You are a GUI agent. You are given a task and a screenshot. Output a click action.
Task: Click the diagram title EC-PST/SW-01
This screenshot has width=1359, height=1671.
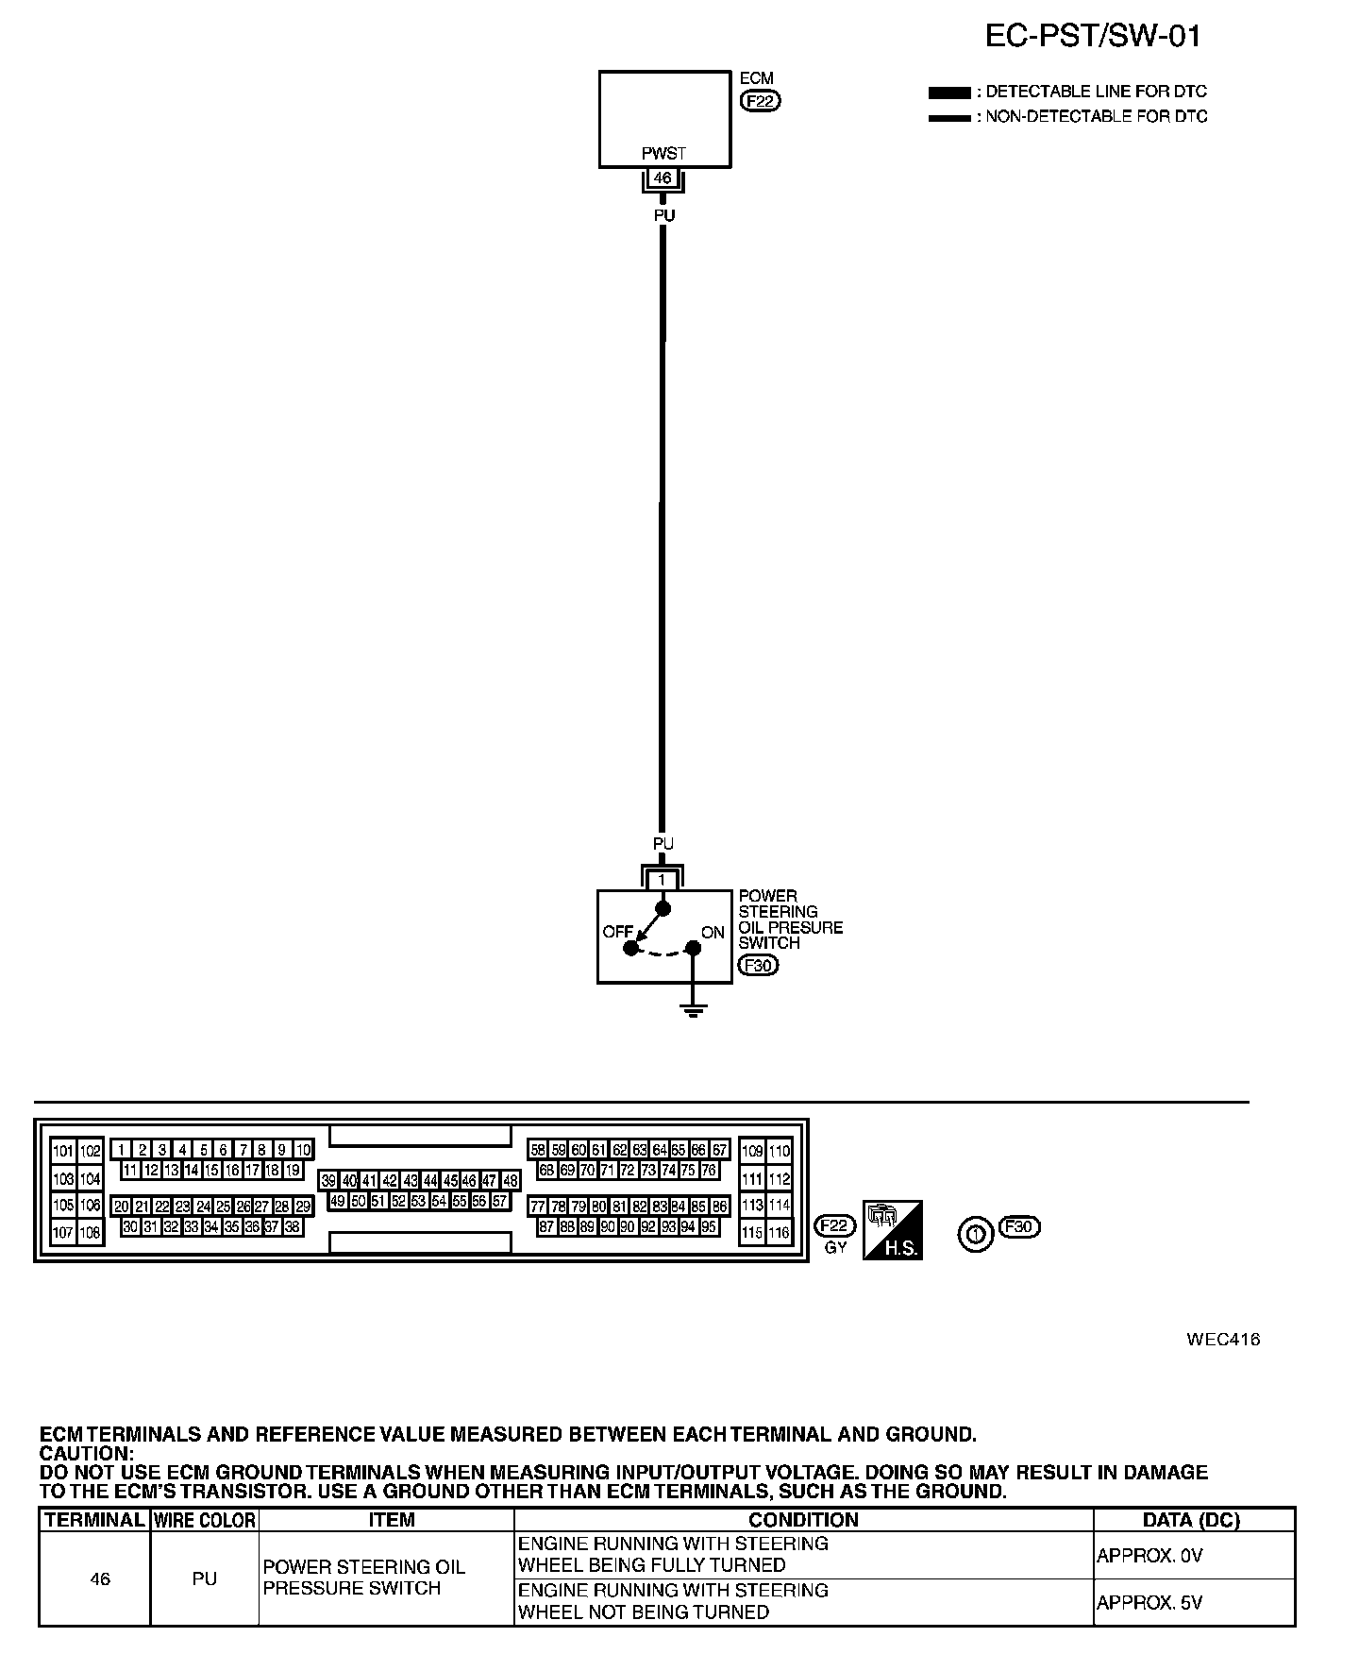pyautogui.click(x=1093, y=36)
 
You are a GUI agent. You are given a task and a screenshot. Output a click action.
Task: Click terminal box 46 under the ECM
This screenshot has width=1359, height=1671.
pyautogui.click(x=663, y=177)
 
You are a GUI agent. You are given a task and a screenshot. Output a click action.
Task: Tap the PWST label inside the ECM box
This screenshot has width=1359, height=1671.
pyautogui.click(x=663, y=154)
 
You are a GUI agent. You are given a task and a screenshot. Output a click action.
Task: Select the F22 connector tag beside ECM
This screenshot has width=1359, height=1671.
pyautogui.click(x=761, y=101)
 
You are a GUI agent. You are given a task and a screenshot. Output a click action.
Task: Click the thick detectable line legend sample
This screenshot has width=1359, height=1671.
pyautogui.click(x=948, y=93)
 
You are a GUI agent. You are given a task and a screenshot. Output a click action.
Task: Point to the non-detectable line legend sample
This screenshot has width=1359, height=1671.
pyautogui.click(x=948, y=118)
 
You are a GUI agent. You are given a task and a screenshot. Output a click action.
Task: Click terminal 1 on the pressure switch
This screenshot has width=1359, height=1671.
pyautogui.click(x=663, y=880)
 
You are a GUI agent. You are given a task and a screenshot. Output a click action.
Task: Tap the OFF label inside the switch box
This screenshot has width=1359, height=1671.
pyautogui.click(x=618, y=932)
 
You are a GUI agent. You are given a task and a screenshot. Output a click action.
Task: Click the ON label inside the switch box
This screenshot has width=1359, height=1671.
pyautogui.click(x=713, y=932)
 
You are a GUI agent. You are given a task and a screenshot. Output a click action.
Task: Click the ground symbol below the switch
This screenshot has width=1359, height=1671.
pyautogui.click(x=694, y=1011)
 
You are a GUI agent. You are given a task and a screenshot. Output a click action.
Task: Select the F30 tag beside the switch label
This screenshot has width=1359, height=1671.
pyautogui.click(x=758, y=965)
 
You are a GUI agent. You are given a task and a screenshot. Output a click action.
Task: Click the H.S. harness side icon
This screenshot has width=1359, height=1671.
pyautogui.click(x=892, y=1229)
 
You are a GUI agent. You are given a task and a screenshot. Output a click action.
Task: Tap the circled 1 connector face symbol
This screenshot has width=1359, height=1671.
pyautogui.click(x=976, y=1234)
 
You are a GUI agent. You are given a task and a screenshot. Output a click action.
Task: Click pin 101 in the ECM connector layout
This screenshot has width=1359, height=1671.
pyautogui.click(x=63, y=1151)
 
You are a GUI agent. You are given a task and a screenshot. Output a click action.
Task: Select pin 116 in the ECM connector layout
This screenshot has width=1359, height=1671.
pyautogui.click(x=779, y=1233)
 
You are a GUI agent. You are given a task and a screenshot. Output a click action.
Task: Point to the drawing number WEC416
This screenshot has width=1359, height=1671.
pyautogui.click(x=1223, y=1339)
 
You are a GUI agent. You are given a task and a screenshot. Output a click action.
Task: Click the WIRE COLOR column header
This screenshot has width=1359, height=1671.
pyautogui.click(x=205, y=1520)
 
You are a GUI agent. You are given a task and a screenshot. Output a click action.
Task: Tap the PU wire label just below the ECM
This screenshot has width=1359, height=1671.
pyautogui.click(x=664, y=215)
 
